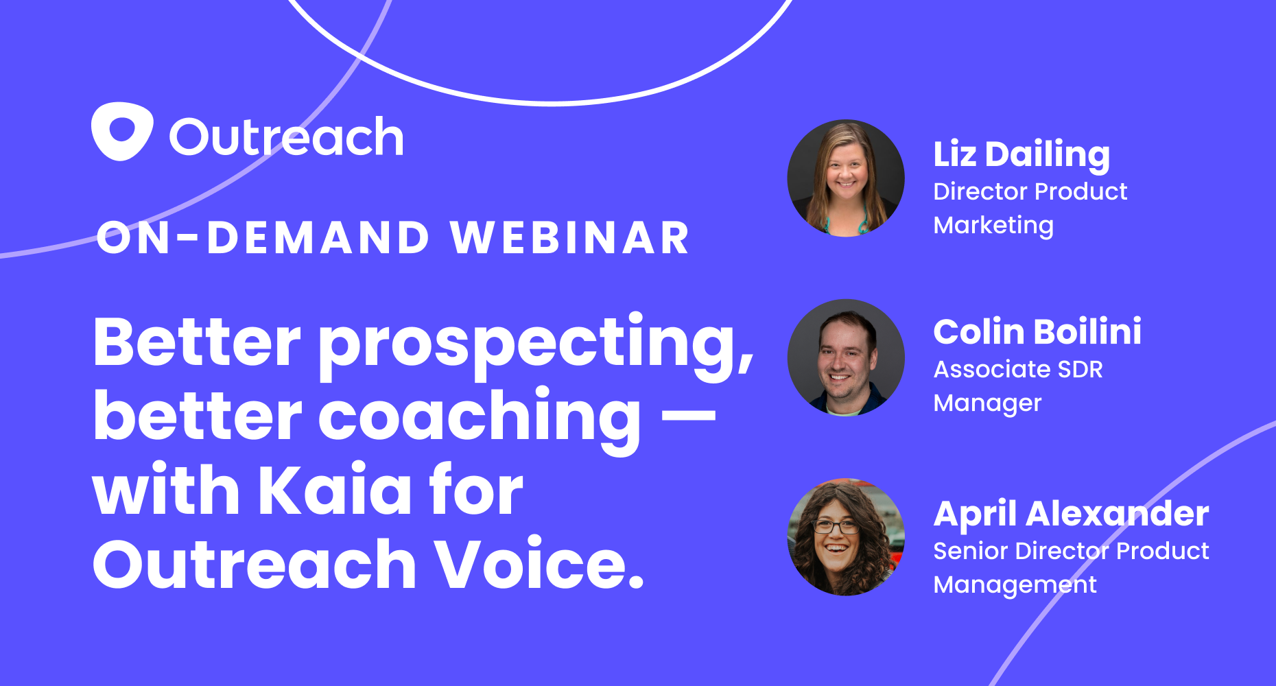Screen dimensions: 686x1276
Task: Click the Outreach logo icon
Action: click(121, 132)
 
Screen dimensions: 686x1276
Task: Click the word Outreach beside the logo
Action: click(286, 137)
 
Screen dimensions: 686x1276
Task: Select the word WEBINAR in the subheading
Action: click(569, 238)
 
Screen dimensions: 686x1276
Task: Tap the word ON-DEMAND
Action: click(263, 238)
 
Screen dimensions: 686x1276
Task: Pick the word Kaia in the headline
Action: click(334, 490)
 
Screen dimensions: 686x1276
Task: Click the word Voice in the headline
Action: click(531, 564)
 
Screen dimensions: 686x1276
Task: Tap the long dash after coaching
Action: click(689, 415)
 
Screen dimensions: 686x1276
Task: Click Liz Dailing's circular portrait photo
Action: click(846, 178)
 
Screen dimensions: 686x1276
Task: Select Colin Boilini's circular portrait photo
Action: click(846, 357)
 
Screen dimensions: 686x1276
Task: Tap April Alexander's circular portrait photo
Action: click(846, 536)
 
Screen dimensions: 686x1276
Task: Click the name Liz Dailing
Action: click(1021, 154)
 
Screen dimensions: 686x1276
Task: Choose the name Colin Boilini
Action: click(1037, 332)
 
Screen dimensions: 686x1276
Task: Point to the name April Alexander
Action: click(1071, 513)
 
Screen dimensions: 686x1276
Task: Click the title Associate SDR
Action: click(1018, 369)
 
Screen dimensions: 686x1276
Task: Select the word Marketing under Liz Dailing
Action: click(993, 225)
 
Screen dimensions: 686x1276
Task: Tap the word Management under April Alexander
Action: click(1015, 584)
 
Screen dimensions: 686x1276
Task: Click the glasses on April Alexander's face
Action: click(836, 527)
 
